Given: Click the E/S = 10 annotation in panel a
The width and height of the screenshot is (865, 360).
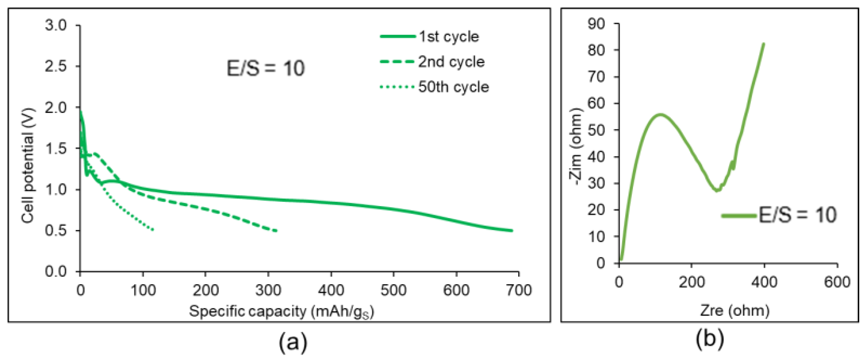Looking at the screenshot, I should [266, 68].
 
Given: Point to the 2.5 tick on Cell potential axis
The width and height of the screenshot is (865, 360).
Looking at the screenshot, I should [56, 66].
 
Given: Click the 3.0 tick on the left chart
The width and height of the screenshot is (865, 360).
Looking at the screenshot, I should [56, 25].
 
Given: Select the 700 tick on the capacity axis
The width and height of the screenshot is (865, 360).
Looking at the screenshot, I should [519, 290].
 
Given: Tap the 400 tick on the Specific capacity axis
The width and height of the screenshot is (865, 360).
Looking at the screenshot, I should [331, 290].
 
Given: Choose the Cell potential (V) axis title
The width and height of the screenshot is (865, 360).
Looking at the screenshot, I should [28, 165].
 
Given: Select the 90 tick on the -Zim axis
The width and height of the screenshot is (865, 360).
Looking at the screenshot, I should [596, 24].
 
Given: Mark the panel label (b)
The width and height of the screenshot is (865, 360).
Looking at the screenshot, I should [710, 339].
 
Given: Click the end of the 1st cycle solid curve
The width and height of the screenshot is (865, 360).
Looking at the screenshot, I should [511, 230].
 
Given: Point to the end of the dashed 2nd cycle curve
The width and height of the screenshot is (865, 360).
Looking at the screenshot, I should [276, 231].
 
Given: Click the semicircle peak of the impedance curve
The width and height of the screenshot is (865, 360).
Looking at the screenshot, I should [660, 115].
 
